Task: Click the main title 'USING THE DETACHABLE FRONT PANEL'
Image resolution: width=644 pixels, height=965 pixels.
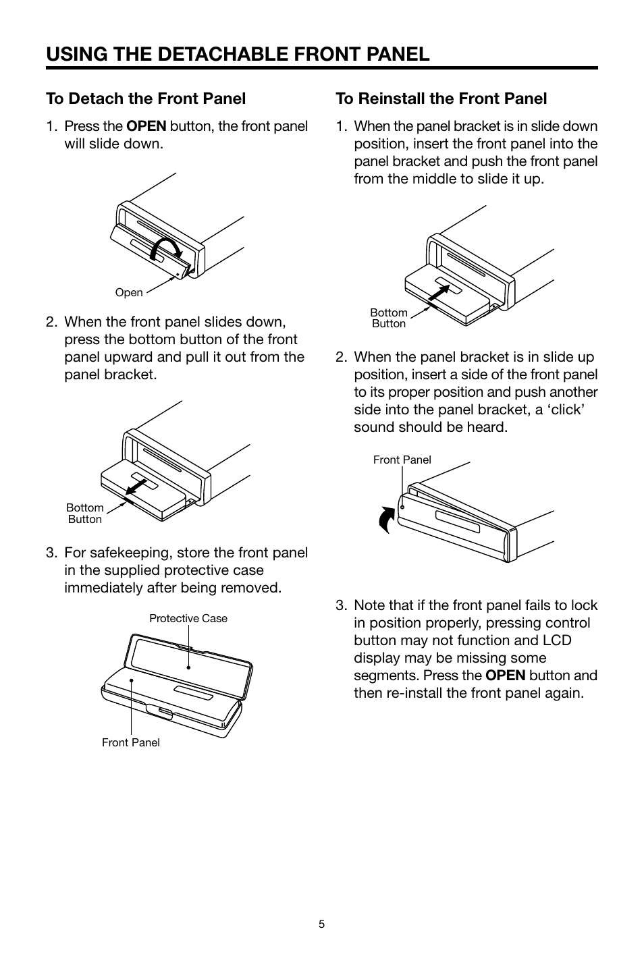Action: [x=238, y=54]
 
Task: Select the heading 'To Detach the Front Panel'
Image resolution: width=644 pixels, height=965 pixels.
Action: [x=146, y=99]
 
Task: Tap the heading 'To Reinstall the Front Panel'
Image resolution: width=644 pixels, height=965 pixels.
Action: [x=441, y=99]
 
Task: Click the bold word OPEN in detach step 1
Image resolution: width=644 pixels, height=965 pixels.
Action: [x=146, y=126]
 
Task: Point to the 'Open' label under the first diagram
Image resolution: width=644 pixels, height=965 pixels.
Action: [x=129, y=292]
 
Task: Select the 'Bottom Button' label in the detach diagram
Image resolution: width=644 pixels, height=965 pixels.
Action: [x=85, y=514]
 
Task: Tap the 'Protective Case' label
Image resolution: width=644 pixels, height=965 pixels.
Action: [x=188, y=619]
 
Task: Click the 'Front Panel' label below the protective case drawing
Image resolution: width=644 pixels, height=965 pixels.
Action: [x=130, y=743]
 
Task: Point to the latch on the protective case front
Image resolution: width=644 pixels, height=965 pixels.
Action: [x=160, y=713]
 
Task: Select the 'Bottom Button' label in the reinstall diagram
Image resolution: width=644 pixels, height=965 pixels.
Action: [x=389, y=319]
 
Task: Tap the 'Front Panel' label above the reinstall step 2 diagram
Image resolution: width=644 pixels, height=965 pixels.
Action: [x=402, y=460]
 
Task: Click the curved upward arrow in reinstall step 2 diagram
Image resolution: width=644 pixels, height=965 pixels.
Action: [x=386, y=520]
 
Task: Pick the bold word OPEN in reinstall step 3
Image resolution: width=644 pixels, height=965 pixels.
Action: [x=505, y=675]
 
